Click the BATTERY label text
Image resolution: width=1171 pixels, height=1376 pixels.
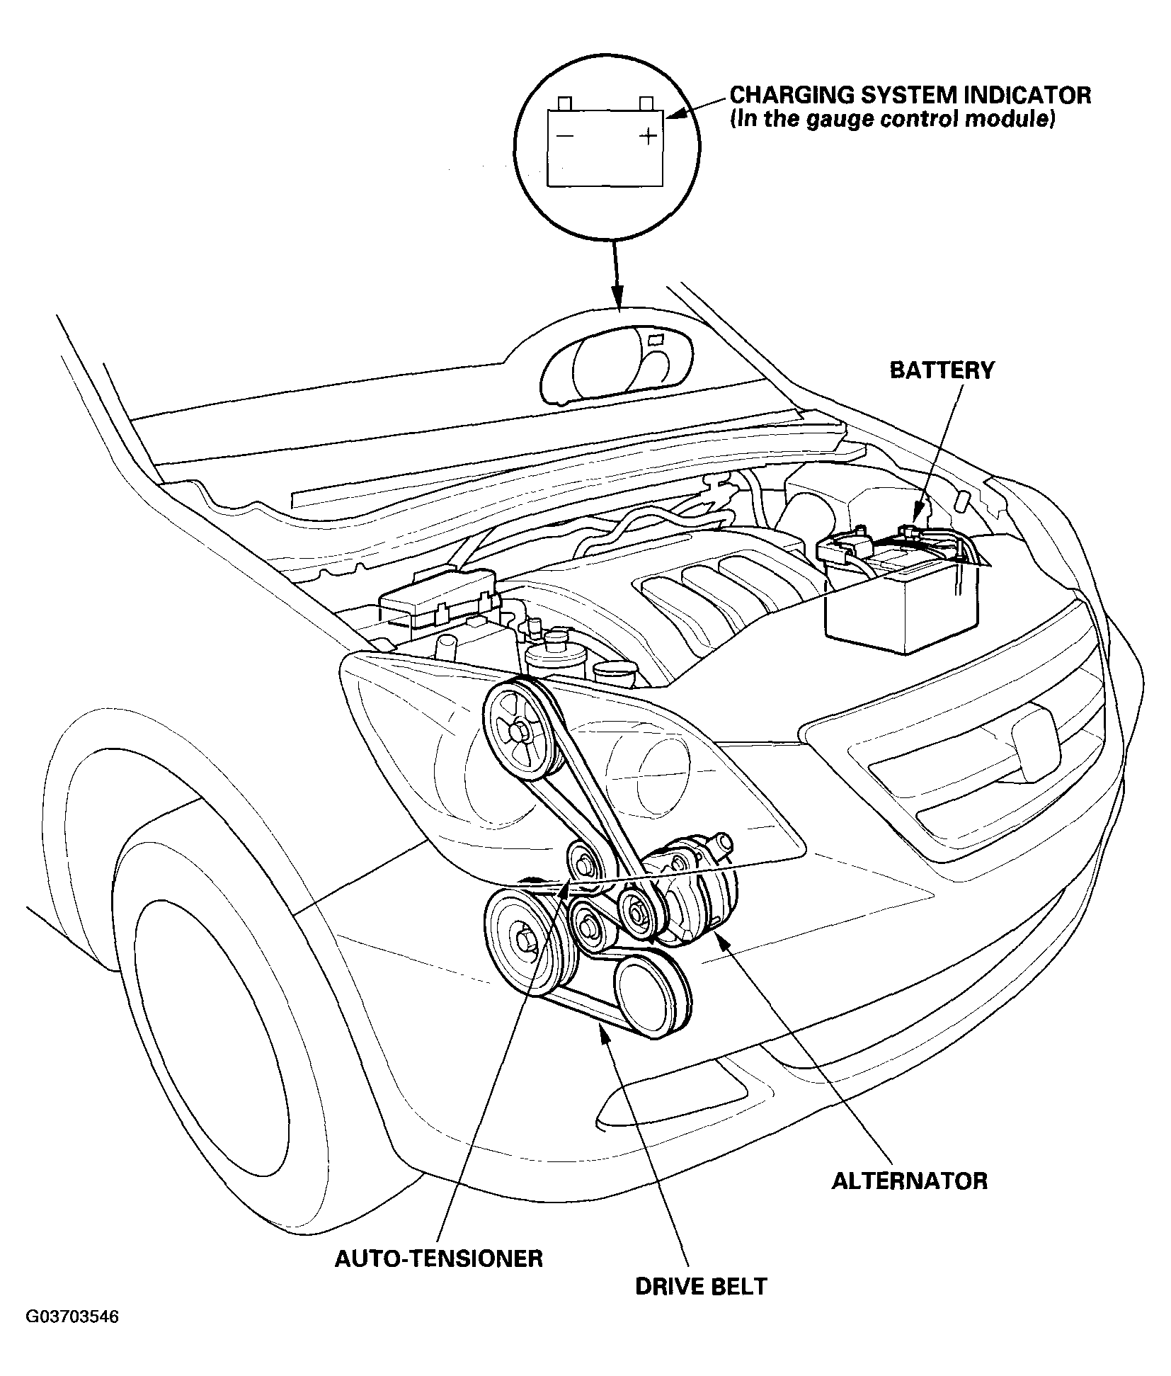click(x=941, y=370)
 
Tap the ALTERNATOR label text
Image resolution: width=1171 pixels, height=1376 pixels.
click(x=909, y=1181)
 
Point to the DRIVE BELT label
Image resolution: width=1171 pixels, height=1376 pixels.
click(x=701, y=1285)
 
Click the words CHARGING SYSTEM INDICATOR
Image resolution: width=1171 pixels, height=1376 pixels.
click(x=910, y=95)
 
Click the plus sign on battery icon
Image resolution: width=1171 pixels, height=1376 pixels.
click(x=648, y=135)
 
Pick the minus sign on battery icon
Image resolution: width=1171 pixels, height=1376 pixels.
click(x=564, y=135)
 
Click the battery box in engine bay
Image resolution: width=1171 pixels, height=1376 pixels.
click(x=899, y=595)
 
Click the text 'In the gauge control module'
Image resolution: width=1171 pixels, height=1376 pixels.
click(x=893, y=119)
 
